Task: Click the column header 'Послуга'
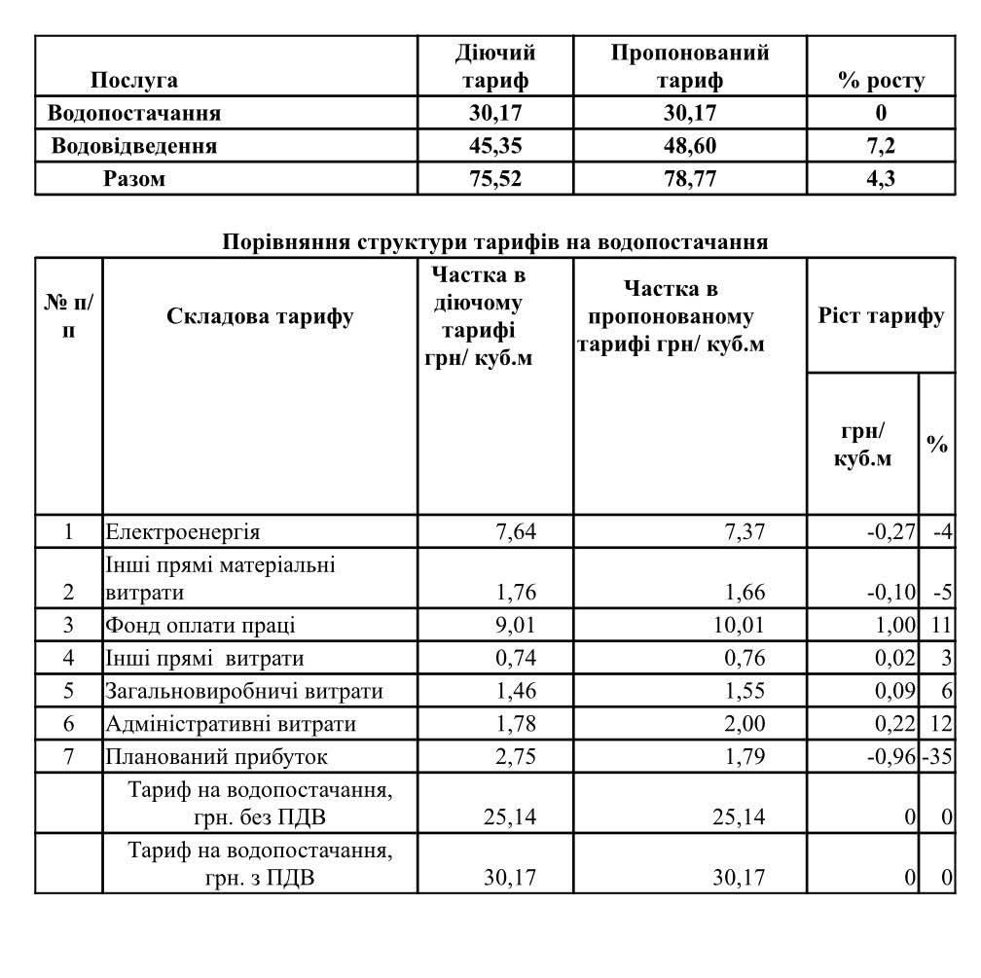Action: tap(133, 81)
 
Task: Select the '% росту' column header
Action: tap(881, 81)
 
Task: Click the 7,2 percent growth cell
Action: tap(881, 146)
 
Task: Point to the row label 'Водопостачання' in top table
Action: tap(135, 113)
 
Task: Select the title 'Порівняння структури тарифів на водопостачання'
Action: tap(495, 241)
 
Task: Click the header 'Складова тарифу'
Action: tap(260, 316)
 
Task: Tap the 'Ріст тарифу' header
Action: tap(881, 316)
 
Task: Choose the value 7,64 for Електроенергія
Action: tap(515, 531)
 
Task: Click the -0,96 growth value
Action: tap(890, 757)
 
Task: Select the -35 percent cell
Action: tap(939, 757)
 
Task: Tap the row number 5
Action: tap(68, 692)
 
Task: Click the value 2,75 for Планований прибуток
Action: tap(515, 757)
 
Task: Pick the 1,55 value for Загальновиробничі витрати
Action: tap(745, 692)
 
